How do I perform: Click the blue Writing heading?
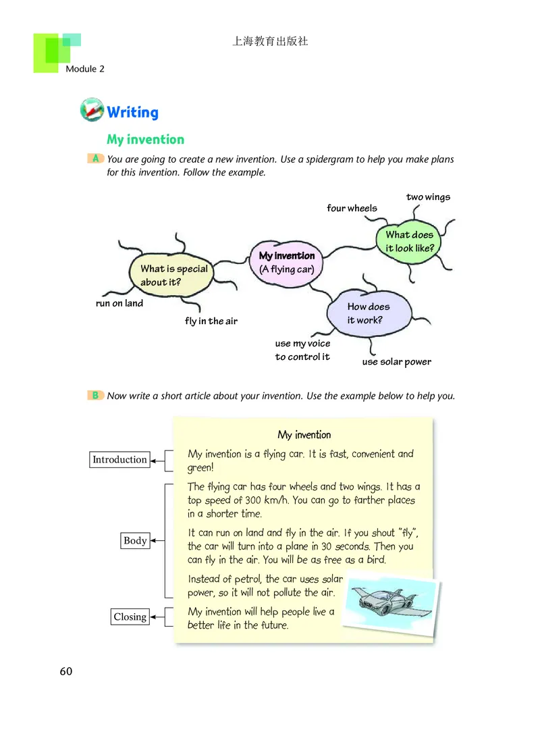[x=132, y=112]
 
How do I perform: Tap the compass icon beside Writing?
[x=92, y=110]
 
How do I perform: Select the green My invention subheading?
[x=145, y=140]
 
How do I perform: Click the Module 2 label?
[x=85, y=69]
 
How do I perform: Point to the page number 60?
[x=65, y=671]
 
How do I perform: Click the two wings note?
[x=428, y=197]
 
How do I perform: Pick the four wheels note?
[x=352, y=208]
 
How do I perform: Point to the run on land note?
[x=119, y=304]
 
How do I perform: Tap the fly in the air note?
[x=211, y=321]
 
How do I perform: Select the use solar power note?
[x=396, y=362]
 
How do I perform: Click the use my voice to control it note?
[x=302, y=350]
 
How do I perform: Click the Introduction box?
[x=119, y=460]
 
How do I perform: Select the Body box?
[x=135, y=541]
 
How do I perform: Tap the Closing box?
[x=130, y=616]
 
